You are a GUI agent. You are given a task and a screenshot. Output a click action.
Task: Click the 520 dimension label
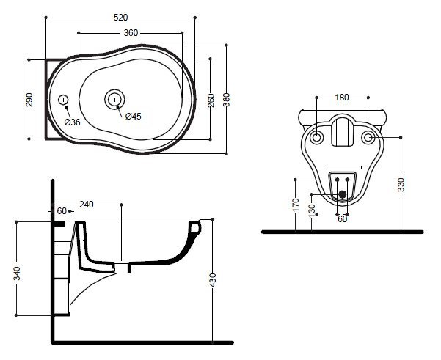click(120, 18)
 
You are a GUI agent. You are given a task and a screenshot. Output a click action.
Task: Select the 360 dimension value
click(131, 33)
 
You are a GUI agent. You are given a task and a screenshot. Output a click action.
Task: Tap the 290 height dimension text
click(29, 100)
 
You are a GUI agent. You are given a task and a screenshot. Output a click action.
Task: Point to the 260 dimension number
click(211, 100)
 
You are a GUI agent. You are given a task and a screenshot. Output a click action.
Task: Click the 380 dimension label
click(227, 100)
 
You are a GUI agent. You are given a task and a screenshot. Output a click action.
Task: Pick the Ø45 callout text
click(134, 116)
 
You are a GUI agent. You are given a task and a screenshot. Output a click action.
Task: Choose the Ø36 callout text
click(73, 122)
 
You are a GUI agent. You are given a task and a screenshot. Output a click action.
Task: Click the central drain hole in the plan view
click(114, 100)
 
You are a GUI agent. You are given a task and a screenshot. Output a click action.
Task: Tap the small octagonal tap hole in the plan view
click(63, 100)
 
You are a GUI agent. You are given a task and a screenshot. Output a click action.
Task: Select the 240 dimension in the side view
click(86, 205)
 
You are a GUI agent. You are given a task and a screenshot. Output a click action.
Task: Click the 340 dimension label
click(17, 273)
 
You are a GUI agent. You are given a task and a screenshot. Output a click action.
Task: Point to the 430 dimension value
click(213, 280)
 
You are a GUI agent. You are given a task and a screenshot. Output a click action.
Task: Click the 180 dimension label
click(342, 98)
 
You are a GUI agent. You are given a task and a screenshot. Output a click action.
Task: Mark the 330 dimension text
click(401, 185)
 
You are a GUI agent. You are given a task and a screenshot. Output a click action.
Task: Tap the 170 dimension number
click(296, 205)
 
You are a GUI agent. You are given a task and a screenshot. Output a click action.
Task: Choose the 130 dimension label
click(312, 211)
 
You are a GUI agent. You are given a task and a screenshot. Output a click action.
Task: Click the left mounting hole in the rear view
click(316, 138)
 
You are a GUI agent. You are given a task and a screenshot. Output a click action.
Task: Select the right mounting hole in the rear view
click(368, 138)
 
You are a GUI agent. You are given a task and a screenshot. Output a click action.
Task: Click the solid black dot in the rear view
click(342, 194)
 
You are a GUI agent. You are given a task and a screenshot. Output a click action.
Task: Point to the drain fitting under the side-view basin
click(122, 268)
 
